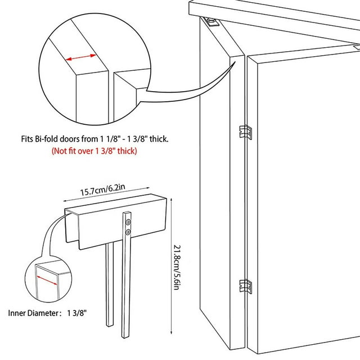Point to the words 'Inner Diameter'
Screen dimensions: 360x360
pyautogui.click(x=34, y=312)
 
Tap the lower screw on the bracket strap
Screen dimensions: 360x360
pyautogui.click(x=129, y=231)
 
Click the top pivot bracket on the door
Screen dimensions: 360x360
pyautogui.click(x=212, y=22)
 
